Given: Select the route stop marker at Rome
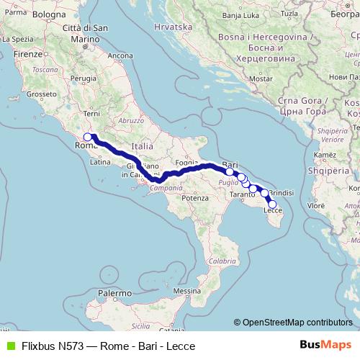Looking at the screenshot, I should (87, 137).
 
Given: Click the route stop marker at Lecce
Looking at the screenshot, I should (271, 204).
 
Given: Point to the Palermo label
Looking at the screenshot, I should (115, 294).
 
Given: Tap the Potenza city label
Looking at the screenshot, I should (195, 197).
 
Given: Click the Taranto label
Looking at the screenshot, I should (243, 195).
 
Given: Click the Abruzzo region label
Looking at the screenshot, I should (131, 121).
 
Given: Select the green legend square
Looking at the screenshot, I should (9, 345).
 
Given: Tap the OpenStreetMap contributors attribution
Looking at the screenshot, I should (297, 322).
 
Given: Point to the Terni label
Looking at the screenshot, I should (91, 113).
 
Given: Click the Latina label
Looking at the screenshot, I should (99, 163).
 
